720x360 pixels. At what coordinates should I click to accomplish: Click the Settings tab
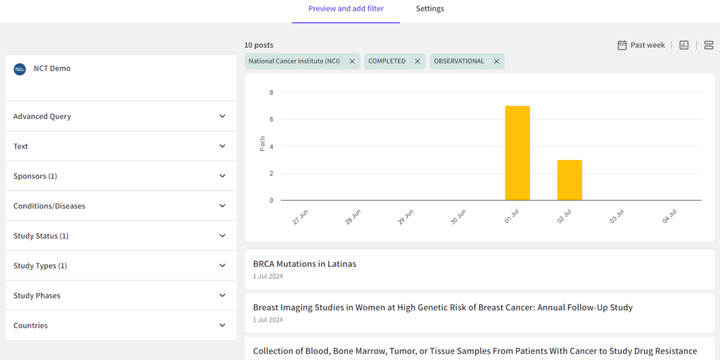430,9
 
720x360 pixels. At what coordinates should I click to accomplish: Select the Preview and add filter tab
346,9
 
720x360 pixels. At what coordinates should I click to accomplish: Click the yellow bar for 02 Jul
570,180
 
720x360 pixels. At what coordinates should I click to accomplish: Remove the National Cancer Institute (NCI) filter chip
352,62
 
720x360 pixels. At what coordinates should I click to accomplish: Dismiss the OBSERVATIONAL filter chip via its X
497,62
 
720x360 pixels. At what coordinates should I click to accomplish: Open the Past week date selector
641,45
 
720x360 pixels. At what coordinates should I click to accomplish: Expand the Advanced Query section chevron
222,116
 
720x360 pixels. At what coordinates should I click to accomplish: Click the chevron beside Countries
222,325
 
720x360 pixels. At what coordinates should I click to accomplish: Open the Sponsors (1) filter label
35,176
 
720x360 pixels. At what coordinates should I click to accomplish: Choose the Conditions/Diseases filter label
49,206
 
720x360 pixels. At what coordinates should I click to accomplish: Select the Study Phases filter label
37,296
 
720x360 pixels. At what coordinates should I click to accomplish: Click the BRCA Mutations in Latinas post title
305,264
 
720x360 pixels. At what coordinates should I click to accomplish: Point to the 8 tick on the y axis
271,93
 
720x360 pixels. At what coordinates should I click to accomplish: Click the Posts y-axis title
262,143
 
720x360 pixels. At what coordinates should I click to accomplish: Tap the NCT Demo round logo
20,69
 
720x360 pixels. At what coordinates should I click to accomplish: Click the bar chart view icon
684,45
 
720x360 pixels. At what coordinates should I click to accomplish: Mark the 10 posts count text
259,45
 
